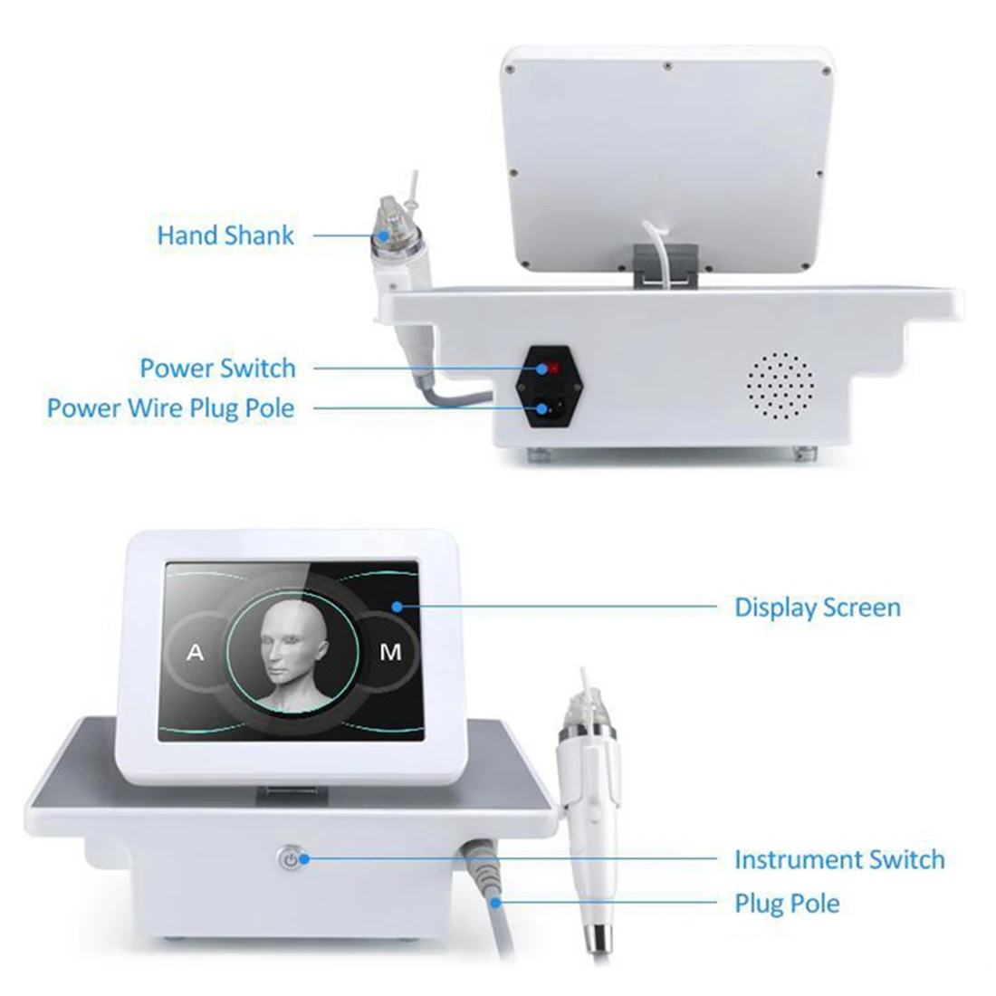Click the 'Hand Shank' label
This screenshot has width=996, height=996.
coord(225,235)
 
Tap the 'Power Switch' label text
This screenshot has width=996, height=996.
coord(217,369)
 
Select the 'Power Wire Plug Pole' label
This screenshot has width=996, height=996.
coord(171,408)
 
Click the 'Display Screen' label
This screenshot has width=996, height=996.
coord(817,607)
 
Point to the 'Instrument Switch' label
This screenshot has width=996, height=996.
coord(838,859)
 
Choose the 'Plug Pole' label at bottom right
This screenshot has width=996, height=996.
coord(786,904)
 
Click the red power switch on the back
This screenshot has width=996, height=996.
coord(547,369)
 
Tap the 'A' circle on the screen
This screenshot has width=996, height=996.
coord(196,652)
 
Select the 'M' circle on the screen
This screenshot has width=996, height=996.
coord(390,652)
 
